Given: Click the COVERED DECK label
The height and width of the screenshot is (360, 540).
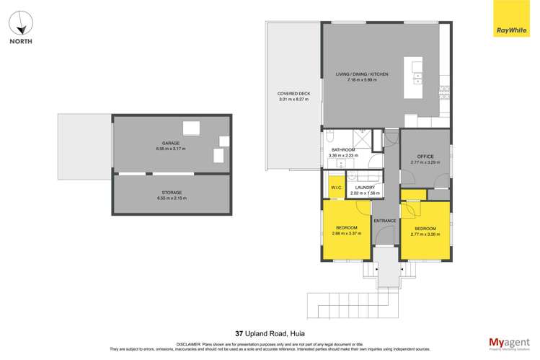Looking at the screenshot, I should (293, 94).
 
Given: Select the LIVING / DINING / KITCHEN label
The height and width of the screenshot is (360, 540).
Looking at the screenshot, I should (362, 74).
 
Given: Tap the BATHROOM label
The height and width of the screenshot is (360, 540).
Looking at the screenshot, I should (342, 151).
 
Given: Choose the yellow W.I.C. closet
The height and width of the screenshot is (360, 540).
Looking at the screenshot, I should (336, 187).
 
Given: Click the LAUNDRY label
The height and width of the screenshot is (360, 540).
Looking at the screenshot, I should (363, 188).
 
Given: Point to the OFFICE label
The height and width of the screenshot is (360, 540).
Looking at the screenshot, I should (425, 157).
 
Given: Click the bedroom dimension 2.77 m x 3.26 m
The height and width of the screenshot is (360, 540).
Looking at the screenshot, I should (425, 234).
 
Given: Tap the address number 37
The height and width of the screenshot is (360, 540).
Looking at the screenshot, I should (238, 334).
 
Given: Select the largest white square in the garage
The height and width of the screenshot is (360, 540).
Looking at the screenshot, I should (191, 128).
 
